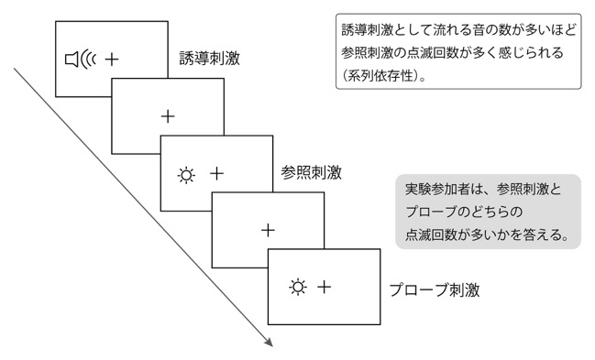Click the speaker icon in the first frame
click(x=81, y=60)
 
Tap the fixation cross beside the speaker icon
click(x=112, y=60)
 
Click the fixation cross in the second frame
click(x=168, y=116)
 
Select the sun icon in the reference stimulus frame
click(x=186, y=175)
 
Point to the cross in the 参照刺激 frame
click(x=216, y=173)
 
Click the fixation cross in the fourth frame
click(x=268, y=230)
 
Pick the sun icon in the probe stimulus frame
click(x=298, y=287)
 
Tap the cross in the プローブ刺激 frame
click(x=324, y=287)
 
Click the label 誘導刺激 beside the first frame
click(x=209, y=59)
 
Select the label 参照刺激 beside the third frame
click(x=311, y=172)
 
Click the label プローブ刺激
click(x=435, y=289)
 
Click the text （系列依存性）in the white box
click(x=382, y=76)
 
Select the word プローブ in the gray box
click(x=430, y=212)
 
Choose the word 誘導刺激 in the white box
click(x=367, y=29)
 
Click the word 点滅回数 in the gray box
click(x=431, y=235)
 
